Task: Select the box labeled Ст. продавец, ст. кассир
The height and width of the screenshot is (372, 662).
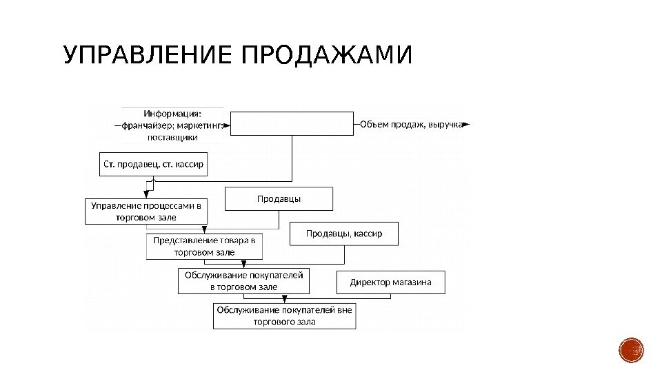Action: [154, 164]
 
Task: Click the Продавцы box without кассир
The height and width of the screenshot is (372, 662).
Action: [279, 199]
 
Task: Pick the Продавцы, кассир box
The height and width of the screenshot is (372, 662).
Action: [345, 234]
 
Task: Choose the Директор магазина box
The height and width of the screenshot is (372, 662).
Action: [391, 282]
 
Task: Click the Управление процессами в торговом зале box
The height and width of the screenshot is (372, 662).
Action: [146, 211]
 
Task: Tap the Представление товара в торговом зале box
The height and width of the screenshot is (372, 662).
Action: [204, 246]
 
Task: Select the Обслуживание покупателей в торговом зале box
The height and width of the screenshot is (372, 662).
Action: [243, 281]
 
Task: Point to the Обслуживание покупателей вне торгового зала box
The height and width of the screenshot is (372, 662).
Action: [284, 316]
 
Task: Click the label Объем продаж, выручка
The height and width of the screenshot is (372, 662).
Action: [410, 125]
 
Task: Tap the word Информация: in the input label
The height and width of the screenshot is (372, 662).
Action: [172, 114]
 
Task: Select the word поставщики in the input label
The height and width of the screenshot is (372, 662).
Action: [172, 137]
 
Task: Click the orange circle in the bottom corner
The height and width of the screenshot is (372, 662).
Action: [631, 350]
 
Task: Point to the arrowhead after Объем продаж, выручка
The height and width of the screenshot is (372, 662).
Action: [466, 125]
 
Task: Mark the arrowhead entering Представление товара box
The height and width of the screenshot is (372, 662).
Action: [205, 231]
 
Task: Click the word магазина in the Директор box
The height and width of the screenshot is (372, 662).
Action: [412, 282]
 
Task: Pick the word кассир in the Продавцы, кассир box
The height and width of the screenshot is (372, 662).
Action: [369, 234]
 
